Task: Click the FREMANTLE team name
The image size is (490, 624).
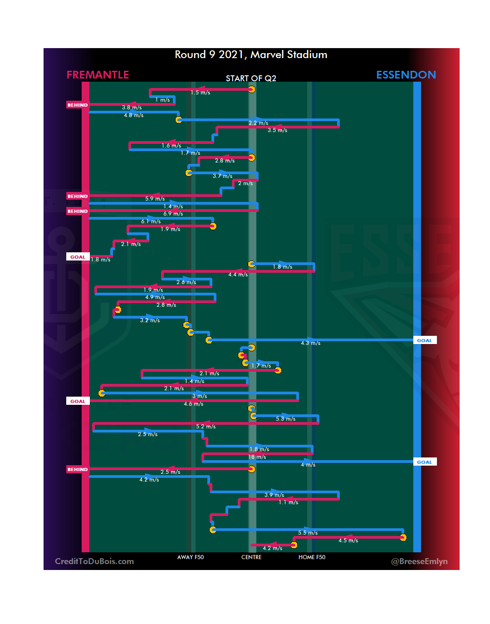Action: (98, 75)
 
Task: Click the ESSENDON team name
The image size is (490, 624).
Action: (406, 75)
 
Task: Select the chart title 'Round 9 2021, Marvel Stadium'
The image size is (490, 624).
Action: (251, 54)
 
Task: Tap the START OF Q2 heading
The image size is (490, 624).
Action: (251, 79)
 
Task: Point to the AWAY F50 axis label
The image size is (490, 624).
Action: (191, 557)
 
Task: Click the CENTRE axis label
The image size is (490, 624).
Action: (251, 557)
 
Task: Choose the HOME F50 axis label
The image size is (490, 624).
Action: (312, 557)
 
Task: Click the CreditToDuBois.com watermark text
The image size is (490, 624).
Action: (94, 561)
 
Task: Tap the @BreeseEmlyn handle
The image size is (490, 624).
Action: (419, 561)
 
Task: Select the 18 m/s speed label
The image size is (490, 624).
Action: (257, 457)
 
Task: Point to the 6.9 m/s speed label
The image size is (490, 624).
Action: (173, 214)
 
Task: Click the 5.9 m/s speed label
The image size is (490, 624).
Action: (155, 199)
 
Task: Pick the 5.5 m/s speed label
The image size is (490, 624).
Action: (308, 533)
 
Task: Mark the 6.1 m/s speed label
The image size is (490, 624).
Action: (151, 221)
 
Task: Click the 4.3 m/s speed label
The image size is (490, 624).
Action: (310, 343)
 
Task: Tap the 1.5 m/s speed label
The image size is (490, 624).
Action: (200, 93)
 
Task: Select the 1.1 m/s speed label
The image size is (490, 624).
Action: (289, 502)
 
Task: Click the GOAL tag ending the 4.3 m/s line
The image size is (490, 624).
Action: (425, 340)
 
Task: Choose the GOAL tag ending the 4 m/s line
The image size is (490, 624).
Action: (425, 462)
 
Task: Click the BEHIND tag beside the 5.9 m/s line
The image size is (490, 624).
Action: (78, 196)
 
